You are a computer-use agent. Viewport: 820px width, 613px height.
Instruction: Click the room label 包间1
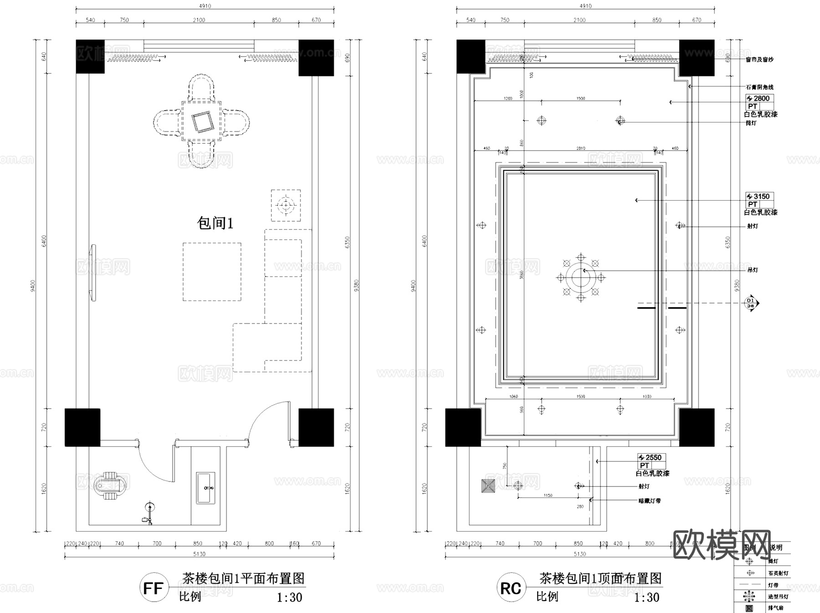[215, 223]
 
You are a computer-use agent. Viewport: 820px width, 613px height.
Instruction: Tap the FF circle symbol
[154, 588]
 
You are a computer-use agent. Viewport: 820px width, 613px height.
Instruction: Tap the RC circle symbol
[511, 588]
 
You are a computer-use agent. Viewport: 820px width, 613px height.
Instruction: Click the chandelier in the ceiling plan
[580, 277]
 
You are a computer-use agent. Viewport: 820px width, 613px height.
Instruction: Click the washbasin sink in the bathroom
[205, 488]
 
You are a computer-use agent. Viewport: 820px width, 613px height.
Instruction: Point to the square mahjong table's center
[201, 122]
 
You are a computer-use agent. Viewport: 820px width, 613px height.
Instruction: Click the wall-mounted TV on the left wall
[93, 273]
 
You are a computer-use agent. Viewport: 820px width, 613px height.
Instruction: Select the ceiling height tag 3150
[760, 197]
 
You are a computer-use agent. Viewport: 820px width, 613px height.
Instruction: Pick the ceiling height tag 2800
[760, 98]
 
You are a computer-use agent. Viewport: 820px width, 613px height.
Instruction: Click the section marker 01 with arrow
[750, 303]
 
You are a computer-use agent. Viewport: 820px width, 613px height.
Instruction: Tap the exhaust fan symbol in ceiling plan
[488, 486]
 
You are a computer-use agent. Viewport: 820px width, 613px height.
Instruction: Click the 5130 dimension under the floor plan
[199, 554]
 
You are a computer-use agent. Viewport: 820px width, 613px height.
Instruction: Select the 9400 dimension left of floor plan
[33, 286]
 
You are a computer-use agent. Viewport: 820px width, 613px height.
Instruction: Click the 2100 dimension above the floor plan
[199, 20]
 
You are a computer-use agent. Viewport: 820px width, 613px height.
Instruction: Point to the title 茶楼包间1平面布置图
[243, 578]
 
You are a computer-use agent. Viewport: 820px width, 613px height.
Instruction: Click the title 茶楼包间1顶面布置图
[600, 578]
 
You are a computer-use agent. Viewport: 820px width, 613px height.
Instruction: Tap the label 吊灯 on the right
[753, 270]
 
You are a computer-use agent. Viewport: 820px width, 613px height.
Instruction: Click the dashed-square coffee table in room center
[212, 272]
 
